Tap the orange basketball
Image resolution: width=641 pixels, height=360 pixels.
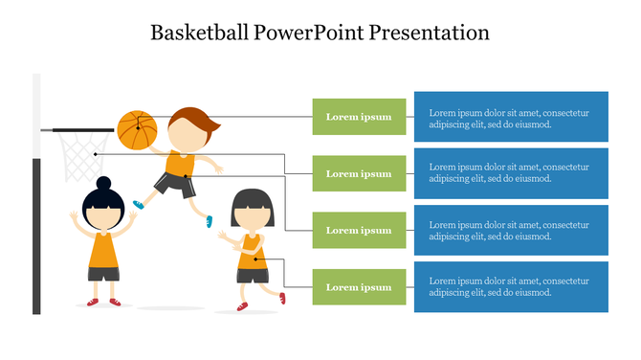136,129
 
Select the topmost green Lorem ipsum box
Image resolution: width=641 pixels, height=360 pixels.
359,117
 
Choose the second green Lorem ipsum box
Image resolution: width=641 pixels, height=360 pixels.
359,173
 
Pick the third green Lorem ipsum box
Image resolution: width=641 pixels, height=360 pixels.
359,230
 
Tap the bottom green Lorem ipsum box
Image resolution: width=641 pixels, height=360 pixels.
359,286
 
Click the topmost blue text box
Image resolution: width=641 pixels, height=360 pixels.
511,117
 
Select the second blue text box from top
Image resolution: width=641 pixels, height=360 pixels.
511,173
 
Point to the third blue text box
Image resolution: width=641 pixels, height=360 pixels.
511,230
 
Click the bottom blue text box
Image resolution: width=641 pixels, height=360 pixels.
511,286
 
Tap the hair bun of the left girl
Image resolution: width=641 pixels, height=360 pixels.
103,182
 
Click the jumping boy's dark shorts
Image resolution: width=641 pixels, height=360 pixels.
175,184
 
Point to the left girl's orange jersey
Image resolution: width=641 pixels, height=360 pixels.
103,249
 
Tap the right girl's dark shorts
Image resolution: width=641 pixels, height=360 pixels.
252,275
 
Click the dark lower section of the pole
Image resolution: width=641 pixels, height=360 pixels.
36,239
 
